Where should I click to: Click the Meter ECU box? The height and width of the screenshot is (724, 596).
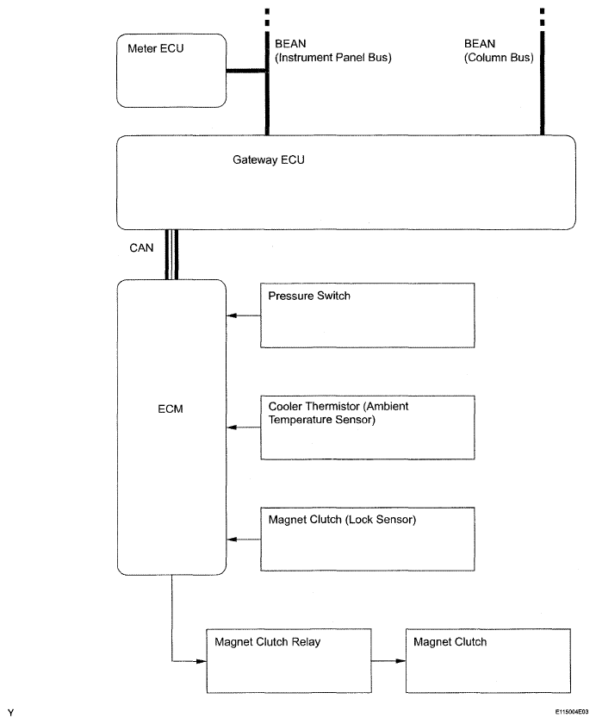point(171,71)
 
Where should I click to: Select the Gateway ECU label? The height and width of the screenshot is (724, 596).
point(269,159)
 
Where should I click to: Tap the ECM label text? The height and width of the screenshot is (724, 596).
point(171,409)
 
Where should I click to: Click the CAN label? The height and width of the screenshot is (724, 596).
point(141,248)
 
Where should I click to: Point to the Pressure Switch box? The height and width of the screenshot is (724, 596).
point(367,315)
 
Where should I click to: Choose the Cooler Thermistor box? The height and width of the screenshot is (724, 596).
point(367,428)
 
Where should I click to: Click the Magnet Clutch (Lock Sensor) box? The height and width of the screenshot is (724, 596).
point(367,540)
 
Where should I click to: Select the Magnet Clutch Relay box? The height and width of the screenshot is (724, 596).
point(289,661)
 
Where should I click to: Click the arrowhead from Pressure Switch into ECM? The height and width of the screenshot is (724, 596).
point(232,315)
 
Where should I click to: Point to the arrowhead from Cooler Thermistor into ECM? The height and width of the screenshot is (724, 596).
point(232,428)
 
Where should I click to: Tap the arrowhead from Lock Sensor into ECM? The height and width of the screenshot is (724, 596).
point(232,540)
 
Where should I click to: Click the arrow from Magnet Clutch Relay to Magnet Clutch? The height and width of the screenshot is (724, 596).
point(388,661)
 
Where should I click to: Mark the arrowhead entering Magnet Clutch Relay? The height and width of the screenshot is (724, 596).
point(202,661)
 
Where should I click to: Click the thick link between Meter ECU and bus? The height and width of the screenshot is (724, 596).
point(246,71)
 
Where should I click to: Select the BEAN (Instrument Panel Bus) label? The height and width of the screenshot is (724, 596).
point(333,50)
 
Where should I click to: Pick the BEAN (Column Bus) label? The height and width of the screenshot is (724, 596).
point(499,50)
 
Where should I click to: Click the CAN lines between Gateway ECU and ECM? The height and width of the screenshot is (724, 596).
point(171,254)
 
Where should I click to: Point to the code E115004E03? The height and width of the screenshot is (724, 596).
point(572,712)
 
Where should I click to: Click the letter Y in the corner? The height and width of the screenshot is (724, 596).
point(10,713)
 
